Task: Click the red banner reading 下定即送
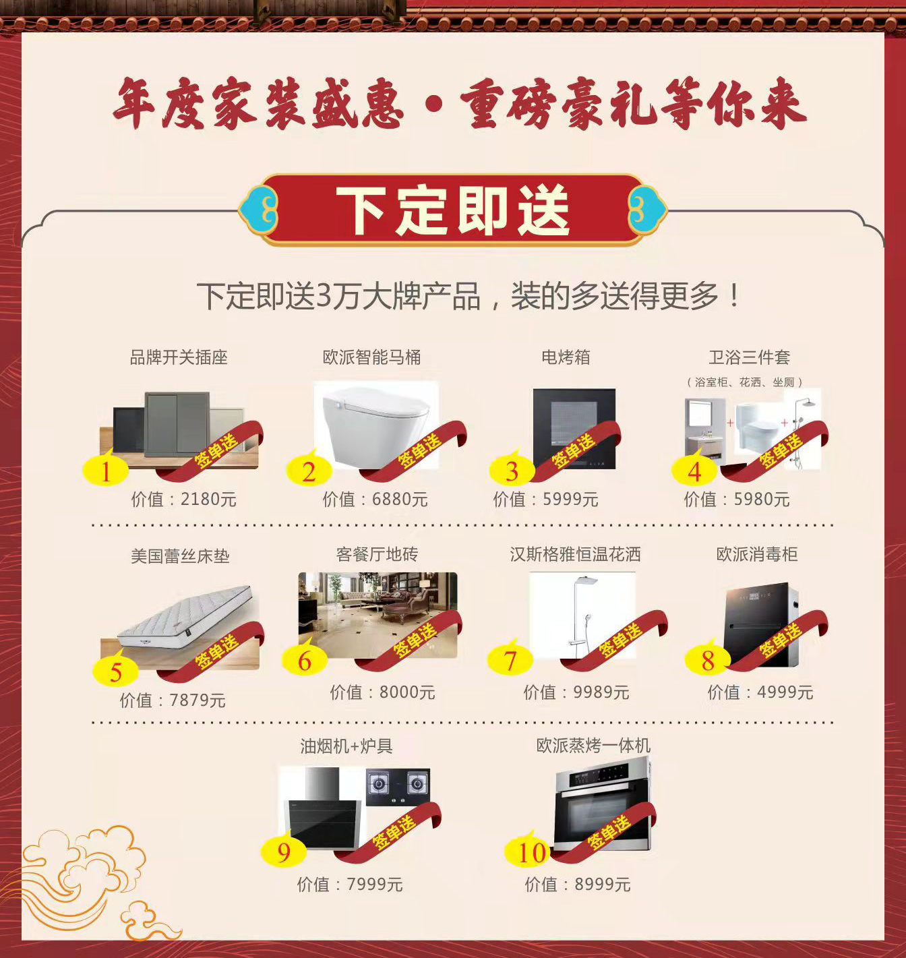453,210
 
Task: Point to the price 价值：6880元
375,500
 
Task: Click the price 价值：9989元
576,692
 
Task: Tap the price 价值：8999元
578,885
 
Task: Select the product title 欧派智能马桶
372,357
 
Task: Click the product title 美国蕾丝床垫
180,556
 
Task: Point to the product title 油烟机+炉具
346,746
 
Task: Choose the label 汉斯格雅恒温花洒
576,554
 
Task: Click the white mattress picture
185,616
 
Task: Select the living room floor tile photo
377,615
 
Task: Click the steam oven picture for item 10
603,804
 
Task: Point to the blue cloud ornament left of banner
258,210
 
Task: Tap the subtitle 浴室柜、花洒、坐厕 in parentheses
745,382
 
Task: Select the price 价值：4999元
760,692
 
